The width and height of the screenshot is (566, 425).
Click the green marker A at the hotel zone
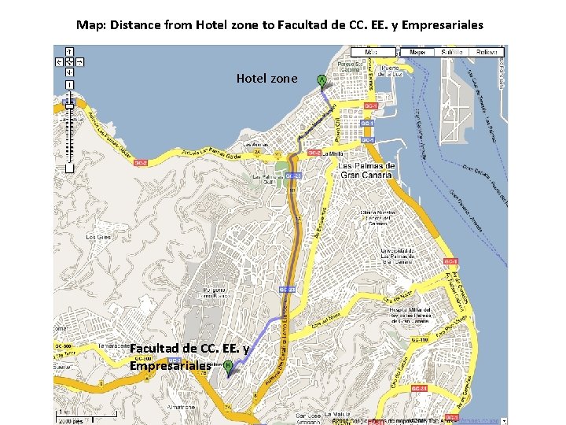click(321, 79)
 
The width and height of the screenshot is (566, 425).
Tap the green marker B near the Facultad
click(228, 365)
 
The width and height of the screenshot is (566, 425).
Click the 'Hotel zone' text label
click(267, 79)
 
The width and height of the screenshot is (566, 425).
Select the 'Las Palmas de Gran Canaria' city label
click(366, 170)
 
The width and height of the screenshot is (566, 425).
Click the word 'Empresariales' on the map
click(170, 365)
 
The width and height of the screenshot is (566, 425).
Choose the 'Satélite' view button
click(451, 52)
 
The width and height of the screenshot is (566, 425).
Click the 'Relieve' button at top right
click(487, 52)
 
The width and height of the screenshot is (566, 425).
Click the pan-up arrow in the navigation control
click(69, 50)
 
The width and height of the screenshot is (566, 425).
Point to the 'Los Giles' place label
click(98, 237)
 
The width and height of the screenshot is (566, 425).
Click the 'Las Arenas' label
click(256, 145)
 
